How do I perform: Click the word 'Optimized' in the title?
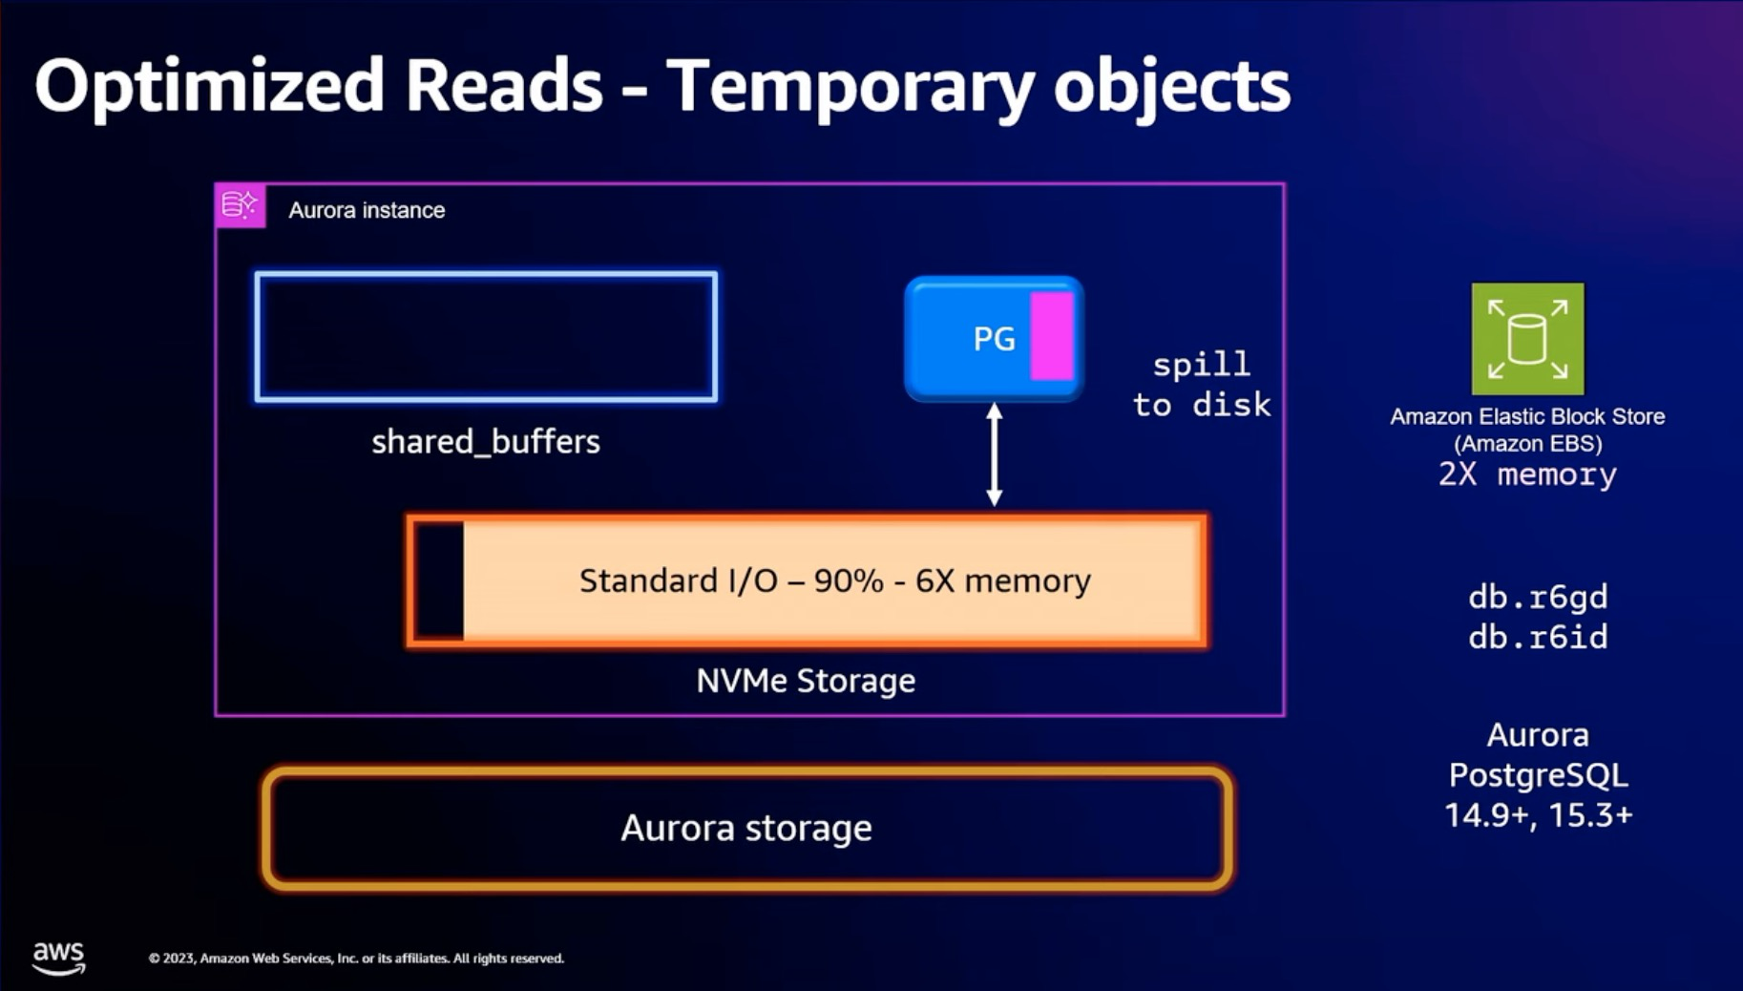click(208, 86)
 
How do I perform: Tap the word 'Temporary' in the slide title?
click(850, 86)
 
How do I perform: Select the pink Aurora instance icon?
click(240, 205)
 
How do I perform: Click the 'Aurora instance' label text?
click(367, 210)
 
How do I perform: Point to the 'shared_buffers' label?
click(485, 441)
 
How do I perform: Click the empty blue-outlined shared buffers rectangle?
click(486, 337)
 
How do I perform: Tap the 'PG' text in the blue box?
click(994, 339)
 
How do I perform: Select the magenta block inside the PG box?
click(1052, 336)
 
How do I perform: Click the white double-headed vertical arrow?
click(994, 454)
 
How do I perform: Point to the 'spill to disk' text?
click(1202, 385)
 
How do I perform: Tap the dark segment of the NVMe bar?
click(440, 580)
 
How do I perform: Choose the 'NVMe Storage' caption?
click(806, 681)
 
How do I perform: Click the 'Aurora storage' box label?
click(746, 828)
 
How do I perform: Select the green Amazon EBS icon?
click(1527, 339)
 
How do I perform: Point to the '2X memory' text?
click(1527, 474)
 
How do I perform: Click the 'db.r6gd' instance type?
click(1538, 597)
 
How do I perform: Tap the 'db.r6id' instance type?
click(1538, 637)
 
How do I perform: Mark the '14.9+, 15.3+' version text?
click(1538, 815)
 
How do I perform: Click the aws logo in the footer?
click(58, 957)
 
